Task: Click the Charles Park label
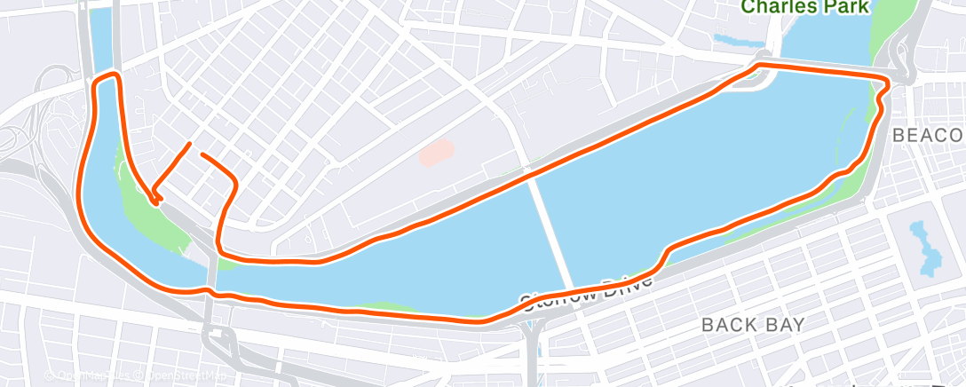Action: point(805,7)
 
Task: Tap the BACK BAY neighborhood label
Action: point(753,325)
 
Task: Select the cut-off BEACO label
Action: point(927,136)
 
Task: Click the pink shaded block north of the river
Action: point(436,153)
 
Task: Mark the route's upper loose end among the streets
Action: point(189,144)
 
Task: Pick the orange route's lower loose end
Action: point(203,154)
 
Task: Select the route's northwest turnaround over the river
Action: point(107,77)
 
